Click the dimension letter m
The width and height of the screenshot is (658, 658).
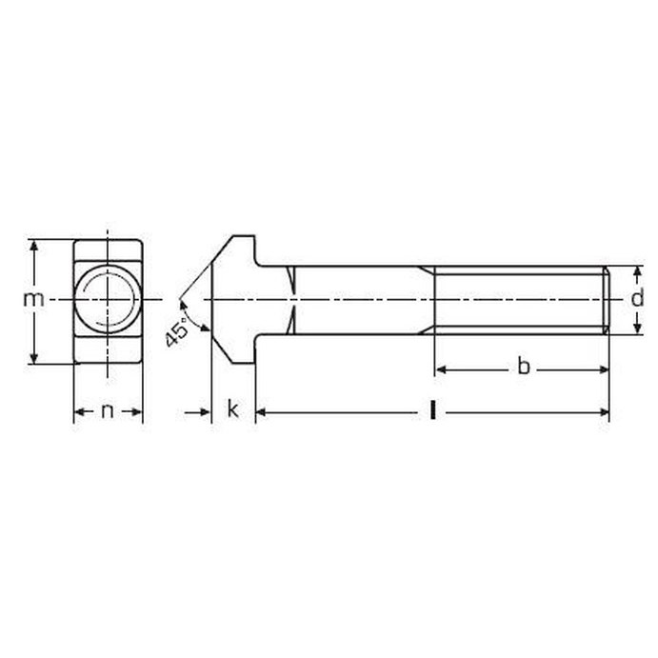point(33,299)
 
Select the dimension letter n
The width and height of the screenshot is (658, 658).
point(108,410)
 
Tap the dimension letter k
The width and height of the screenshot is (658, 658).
point(232,409)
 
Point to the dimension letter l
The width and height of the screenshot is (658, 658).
point(432,410)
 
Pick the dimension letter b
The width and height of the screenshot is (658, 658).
point(524,366)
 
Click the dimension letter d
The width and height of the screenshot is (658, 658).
point(637,297)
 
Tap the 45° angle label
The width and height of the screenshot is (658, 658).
point(177,332)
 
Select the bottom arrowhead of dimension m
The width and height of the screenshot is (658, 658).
point(34,358)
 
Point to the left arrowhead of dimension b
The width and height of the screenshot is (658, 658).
point(440,369)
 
